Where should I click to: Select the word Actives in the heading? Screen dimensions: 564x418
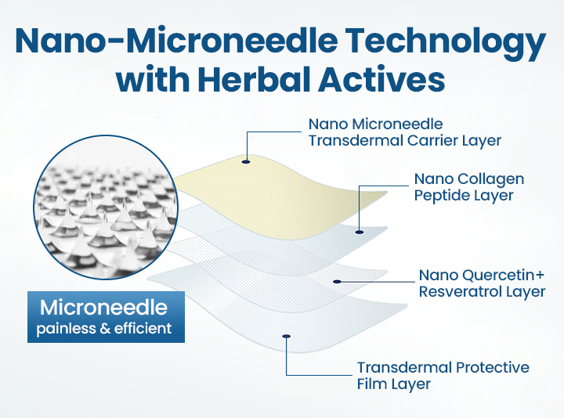pyautogui.click(x=381, y=79)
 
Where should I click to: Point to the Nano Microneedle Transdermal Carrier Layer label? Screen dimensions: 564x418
pyautogui.click(x=405, y=132)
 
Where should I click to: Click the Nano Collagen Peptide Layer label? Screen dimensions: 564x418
pyautogui.click(x=469, y=187)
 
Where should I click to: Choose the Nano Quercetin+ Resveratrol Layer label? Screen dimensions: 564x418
pyautogui.click(x=482, y=283)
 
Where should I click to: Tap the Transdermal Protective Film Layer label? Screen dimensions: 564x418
pyautogui.click(x=443, y=376)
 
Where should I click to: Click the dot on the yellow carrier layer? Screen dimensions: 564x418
pyautogui.click(x=246, y=162)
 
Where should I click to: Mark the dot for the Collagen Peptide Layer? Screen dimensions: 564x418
pyautogui.click(x=360, y=232)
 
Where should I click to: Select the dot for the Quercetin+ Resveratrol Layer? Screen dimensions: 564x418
pyautogui.click(x=337, y=282)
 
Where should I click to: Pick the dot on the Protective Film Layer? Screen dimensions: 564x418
pyautogui.click(x=287, y=337)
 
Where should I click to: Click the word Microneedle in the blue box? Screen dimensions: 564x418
pyautogui.click(x=104, y=308)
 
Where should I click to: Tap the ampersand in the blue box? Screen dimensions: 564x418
pyautogui.click(x=105, y=329)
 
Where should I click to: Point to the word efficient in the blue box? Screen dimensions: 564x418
pyautogui.click(x=143, y=329)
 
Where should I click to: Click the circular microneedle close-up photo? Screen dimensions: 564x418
pyautogui.click(x=106, y=207)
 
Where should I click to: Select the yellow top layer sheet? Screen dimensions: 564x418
pyautogui.click(x=280, y=198)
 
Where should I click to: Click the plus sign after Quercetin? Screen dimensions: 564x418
pyautogui.click(x=540, y=276)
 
